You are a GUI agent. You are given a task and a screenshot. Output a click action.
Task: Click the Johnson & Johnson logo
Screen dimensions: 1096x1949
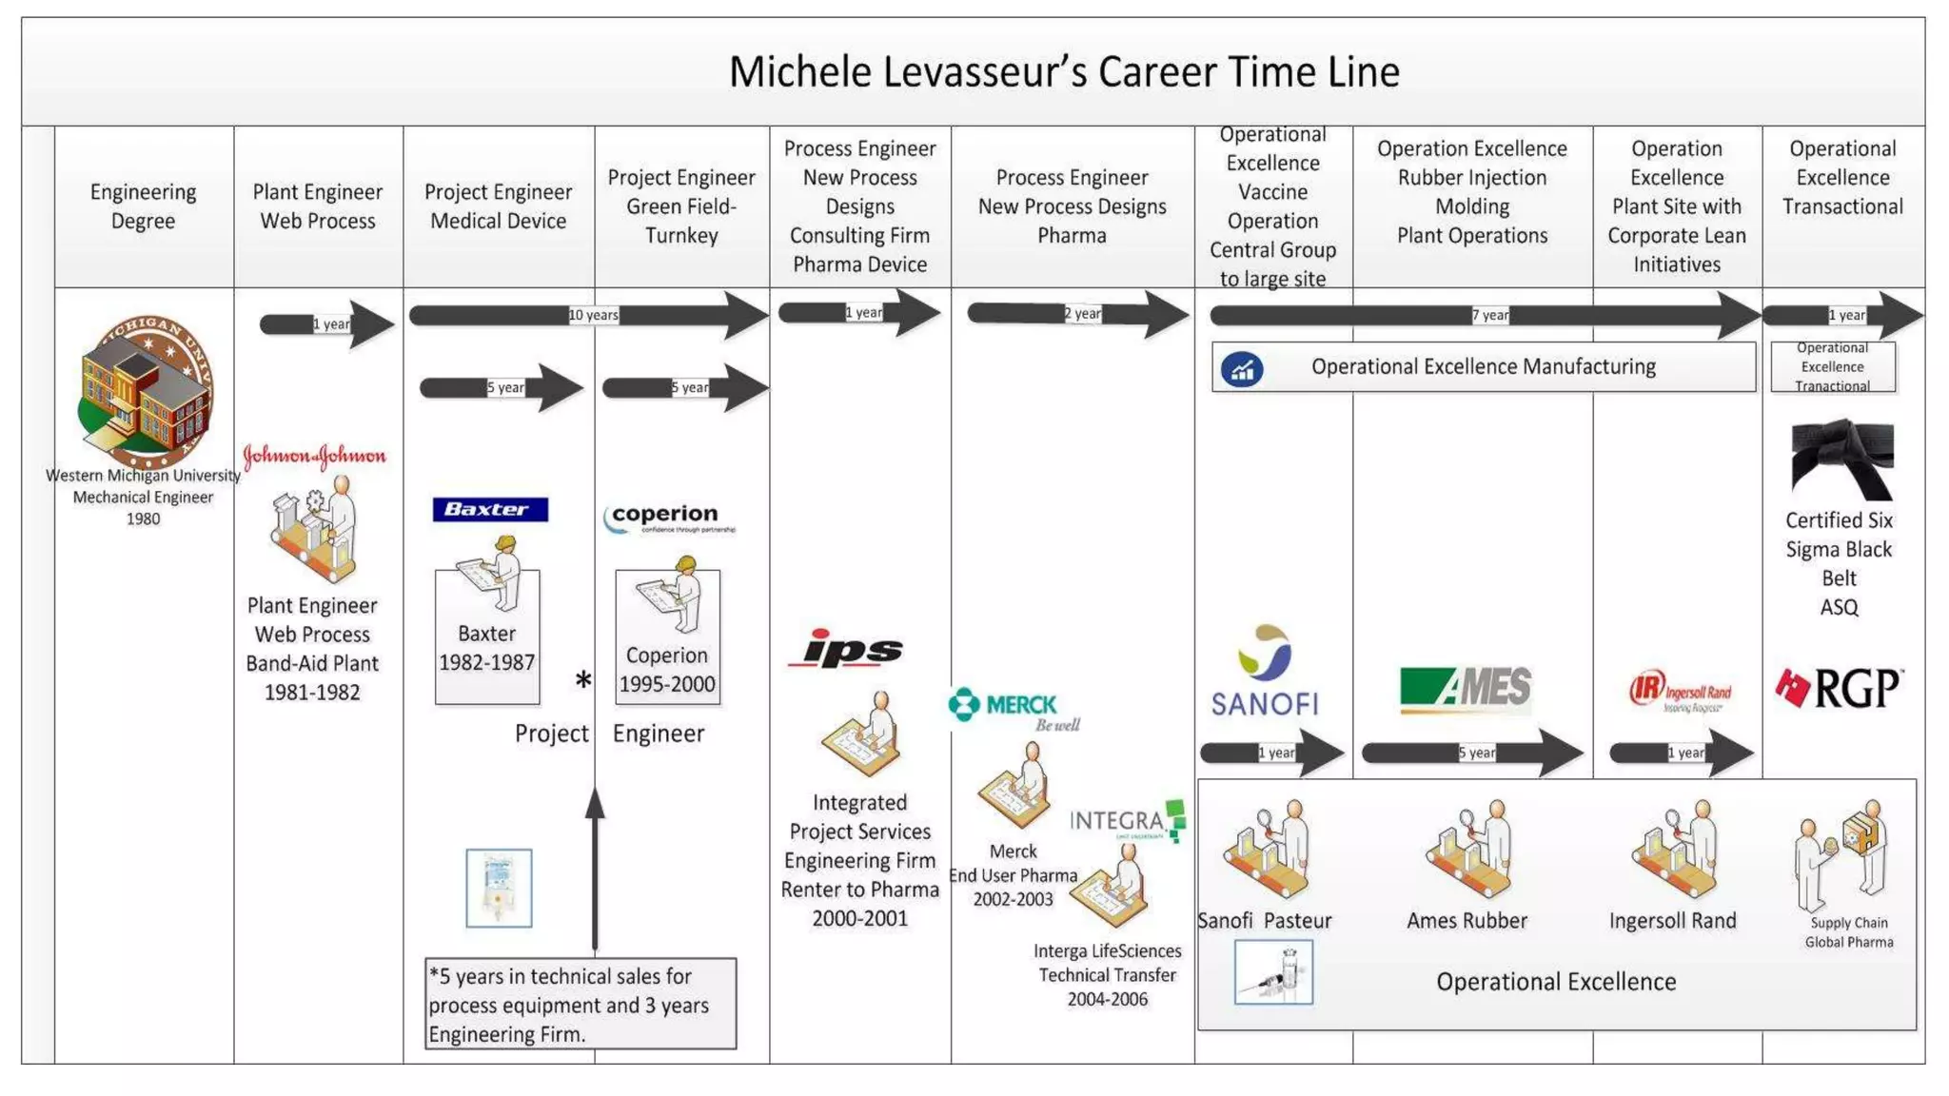point(314,456)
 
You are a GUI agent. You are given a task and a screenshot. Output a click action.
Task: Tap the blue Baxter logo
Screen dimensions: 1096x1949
point(490,509)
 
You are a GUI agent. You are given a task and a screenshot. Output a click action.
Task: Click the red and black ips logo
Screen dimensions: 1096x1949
point(846,649)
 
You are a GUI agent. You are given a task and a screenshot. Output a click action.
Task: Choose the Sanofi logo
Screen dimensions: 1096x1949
point(1265,672)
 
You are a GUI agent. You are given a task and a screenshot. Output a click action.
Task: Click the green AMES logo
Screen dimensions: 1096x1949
point(1466,689)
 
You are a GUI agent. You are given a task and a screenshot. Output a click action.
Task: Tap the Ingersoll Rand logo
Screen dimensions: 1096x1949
point(1680,692)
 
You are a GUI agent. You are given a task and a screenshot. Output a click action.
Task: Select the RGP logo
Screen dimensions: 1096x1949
point(1839,688)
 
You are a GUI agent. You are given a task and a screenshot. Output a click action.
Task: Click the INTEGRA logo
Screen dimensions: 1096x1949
point(1128,821)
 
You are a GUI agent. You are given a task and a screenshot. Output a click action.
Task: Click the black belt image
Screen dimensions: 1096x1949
point(1841,459)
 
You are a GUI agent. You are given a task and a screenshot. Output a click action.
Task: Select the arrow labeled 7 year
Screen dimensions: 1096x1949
point(1485,315)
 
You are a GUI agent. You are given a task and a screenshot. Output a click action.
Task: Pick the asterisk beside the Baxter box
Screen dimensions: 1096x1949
point(583,680)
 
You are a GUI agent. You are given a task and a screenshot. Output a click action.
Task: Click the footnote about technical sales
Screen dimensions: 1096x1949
point(581,1004)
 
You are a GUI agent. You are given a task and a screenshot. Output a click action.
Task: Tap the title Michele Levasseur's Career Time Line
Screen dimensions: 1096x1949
point(1064,72)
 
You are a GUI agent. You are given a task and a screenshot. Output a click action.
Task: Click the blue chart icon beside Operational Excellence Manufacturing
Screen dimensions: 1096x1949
point(1242,369)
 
